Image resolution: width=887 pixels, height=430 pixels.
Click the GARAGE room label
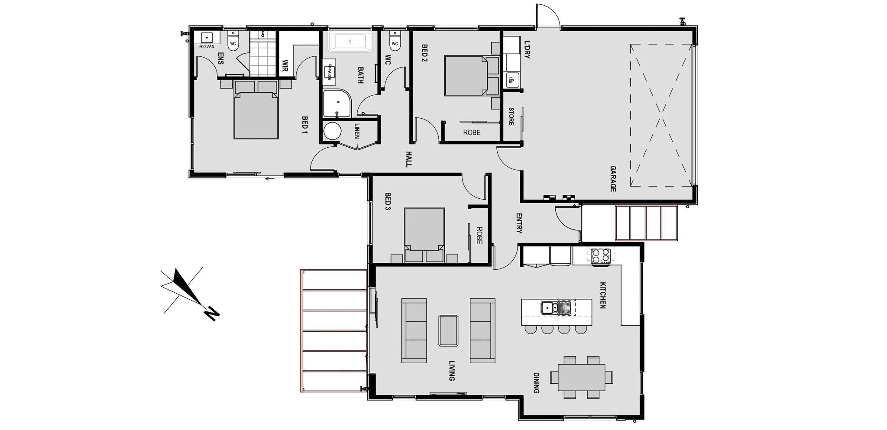click(x=613, y=178)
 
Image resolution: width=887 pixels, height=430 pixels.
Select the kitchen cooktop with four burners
click(x=601, y=255)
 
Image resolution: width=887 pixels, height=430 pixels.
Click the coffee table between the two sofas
click(x=448, y=330)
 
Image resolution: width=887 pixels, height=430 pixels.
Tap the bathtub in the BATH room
click(x=350, y=42)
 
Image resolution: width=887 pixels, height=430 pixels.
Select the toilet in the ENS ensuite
click(x=233, y=42)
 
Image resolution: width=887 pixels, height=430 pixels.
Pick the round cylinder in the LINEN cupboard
click(x=333, y=131)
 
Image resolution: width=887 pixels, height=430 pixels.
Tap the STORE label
click(x=511, y=116)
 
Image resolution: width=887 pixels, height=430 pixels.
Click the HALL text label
click(x=408, y=159)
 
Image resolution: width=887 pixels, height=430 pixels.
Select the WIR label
click(x=285, y=66)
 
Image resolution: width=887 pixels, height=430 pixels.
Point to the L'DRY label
click(x=527, y=49)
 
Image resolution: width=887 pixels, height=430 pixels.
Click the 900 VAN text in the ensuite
click(x=207, y=46)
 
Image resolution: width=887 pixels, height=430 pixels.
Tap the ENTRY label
click(x=519, y=223)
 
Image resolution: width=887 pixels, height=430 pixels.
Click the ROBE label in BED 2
click(x=472, y=133)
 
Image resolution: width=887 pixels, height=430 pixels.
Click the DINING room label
click(x=536, y=383)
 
